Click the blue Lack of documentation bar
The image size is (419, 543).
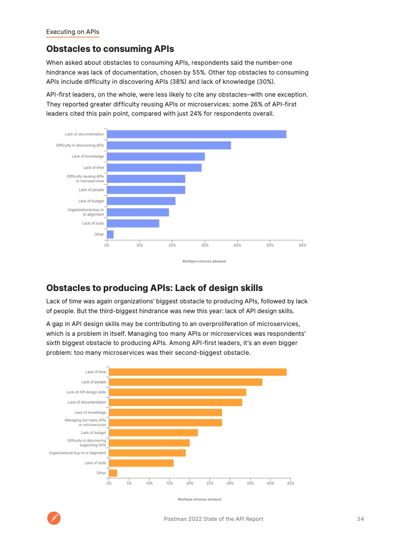click(196, 134)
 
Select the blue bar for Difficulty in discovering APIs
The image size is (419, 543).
click(168, 146)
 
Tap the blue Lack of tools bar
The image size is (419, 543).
click(133, 223)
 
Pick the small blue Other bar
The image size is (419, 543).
click(110, 234)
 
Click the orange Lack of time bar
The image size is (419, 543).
click(198, 372)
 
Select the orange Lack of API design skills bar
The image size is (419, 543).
click(178, 392)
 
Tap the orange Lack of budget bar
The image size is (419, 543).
click(154, 432)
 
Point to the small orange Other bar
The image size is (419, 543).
click(113, 473)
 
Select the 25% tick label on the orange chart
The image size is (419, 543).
click(210, 483)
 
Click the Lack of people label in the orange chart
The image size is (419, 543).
click(93, 382)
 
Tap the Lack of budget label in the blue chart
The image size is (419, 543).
click(91, 201)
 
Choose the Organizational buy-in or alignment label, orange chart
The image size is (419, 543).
click(78, 453)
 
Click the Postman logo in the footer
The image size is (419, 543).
click(54, 519)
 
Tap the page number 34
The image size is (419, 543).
click(360, 519)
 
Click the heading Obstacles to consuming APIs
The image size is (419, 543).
click(110, 49)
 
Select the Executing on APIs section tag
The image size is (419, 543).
click(72, 32)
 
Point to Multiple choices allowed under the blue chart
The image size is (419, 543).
click(204, 261)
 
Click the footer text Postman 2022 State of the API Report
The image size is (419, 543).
click(214, 519)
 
